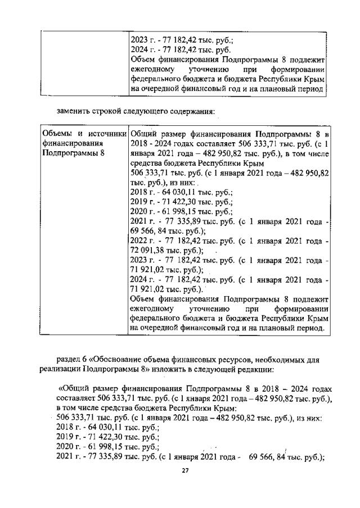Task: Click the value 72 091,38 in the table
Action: tap(148, 250)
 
